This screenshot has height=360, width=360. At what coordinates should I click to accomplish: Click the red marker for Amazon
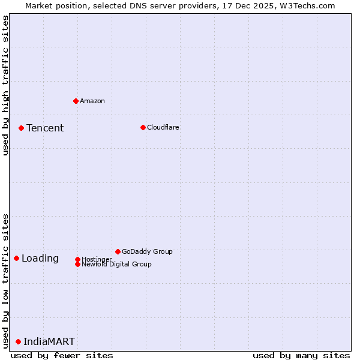(x=76, y=101)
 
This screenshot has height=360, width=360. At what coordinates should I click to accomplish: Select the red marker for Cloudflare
(x=143, y=127)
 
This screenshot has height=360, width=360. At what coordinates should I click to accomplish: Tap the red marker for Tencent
(x=21, y=128)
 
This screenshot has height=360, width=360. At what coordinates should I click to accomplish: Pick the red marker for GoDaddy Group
(x=118, y=251)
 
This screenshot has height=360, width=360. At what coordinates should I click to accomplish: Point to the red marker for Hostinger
(x=77, y=259)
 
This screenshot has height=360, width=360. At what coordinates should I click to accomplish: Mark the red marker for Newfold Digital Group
(x=77, y=264)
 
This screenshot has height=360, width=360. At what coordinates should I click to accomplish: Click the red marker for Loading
(x=16, y=258)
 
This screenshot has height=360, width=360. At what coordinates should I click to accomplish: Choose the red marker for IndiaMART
(x=18, y=341)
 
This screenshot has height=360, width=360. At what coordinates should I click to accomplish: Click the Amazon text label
(x=92, y=101)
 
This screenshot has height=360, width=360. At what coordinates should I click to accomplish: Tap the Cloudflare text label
(x=163, y=127)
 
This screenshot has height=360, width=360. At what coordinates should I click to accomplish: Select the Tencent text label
(x=45, y=128)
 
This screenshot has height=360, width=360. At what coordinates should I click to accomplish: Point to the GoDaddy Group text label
(x=147, y=251)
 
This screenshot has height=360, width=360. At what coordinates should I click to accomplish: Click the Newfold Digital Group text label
(x=116, y=264)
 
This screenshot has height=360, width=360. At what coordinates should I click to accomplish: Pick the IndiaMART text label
(x=49, y=341)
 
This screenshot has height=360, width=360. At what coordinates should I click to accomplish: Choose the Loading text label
(x=40, y=259)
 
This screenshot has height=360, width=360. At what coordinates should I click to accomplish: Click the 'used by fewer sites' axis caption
(x=62, y=355)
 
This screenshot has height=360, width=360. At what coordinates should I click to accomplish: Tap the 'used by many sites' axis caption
(x=301, y=355)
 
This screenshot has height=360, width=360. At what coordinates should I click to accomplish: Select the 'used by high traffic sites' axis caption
(x=5, y=85)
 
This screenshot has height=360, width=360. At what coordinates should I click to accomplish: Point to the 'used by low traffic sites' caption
(x=5, y=280)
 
